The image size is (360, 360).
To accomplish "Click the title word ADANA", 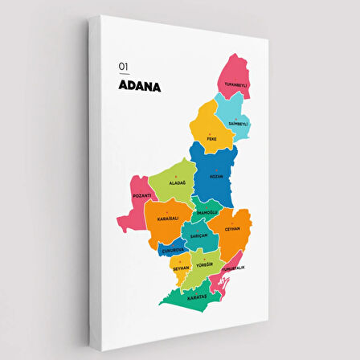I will (139, 86).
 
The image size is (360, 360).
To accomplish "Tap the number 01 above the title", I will (123, 67).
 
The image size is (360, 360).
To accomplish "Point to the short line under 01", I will (123, 74).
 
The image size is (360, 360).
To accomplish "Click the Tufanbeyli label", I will (235, 84).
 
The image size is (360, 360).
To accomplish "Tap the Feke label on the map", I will (211, 138).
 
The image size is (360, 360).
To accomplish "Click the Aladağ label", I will (177, 183).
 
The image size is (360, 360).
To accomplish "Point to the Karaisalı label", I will (168, 219).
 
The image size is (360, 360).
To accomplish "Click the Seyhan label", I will (181, 268).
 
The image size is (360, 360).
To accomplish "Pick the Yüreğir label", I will (204, 264).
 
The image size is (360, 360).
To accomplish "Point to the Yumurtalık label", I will (232, 268).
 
